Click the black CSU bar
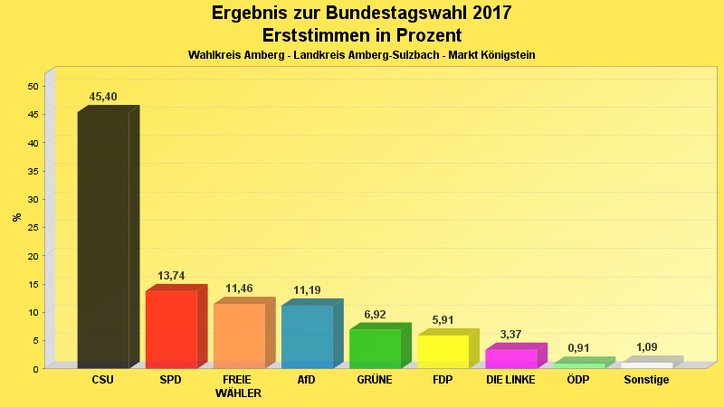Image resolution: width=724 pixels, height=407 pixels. point(103,240)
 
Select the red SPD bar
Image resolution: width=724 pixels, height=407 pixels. point(171,328)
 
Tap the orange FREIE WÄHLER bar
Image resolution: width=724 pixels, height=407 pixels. point(239,336)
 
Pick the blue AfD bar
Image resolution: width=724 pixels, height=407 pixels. point(307,336)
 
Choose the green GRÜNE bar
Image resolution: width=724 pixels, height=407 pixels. point(375,348)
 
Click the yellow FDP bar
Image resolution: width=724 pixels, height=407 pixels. point(443,351)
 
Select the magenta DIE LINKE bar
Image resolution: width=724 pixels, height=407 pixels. point(510,358)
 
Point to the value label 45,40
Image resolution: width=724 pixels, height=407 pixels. point(103,97)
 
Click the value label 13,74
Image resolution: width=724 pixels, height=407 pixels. point(171,275)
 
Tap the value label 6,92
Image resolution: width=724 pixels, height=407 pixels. point(375,315)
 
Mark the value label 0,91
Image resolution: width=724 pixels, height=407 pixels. point(578,348)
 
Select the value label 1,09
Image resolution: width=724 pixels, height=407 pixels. point(646,347)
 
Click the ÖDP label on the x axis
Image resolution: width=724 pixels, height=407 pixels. point(578,380)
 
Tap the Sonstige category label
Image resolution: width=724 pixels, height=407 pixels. point(646,380)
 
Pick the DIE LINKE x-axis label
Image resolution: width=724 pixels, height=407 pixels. point(510,380)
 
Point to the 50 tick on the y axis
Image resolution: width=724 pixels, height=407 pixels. point(33,86)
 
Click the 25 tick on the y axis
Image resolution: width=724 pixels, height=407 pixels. point(33,227)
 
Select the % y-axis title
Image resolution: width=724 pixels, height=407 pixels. point(16,217)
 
